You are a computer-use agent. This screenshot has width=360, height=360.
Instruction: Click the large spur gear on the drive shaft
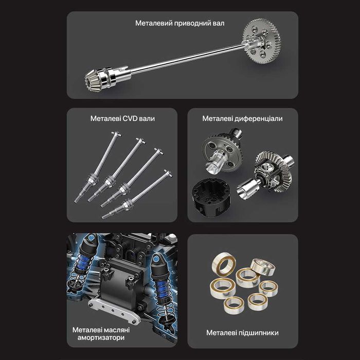pos(261,41)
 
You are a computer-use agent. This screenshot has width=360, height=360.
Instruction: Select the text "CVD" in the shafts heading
pos(130,118)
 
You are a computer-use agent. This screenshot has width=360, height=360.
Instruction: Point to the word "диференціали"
pos(259,119)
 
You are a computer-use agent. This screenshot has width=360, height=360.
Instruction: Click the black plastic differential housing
pos(211,197)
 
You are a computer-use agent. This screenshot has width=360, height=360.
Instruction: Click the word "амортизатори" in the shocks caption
pos(101,338)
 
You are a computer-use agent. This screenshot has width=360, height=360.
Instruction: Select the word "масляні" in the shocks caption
pos(116,330)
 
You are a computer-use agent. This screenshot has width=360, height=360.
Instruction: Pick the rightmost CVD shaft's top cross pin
pos(168,173)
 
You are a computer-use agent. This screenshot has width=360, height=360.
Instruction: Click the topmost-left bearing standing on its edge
pos(224,263)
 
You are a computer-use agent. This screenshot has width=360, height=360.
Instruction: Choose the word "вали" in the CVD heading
pos(147,119)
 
